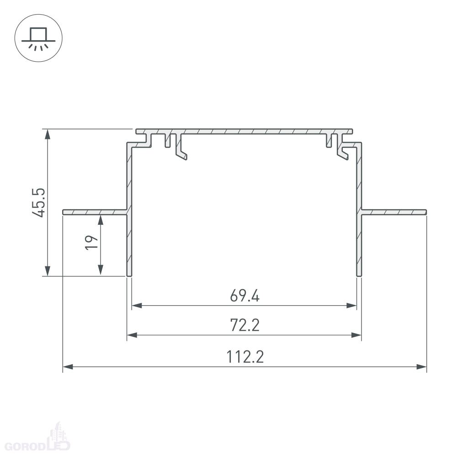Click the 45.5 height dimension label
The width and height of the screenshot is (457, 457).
click(39, 202)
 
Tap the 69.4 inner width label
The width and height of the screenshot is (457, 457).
click(244, 296)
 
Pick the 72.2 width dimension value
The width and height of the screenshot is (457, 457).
click(245, 325)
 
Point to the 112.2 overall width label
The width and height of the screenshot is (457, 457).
click(245, 357)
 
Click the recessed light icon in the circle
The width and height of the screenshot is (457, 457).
click(38, 38)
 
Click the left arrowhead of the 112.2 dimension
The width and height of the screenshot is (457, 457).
click(68, 367)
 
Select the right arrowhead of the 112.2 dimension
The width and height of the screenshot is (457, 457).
click(421, 367)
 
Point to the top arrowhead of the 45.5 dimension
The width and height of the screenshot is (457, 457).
click(47, 134)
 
